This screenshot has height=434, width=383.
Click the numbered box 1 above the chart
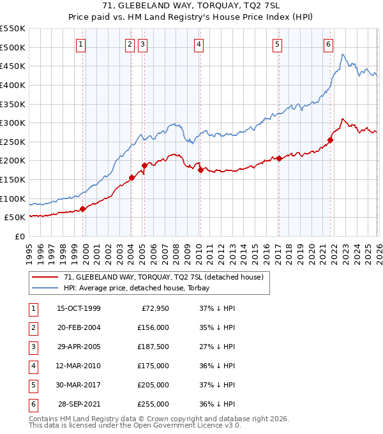(82, 45)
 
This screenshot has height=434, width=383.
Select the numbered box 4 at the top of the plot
(199, 45)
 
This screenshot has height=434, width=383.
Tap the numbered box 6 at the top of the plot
(328, 45)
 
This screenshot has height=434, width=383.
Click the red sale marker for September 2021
(331, 140)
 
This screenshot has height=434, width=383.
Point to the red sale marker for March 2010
(200, 170)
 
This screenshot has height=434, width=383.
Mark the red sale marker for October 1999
(83, 209)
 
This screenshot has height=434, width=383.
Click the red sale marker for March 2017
(279, 159)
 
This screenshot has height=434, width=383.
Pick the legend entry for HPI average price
(137, 288)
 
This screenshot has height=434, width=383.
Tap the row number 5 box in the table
(33, 385)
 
